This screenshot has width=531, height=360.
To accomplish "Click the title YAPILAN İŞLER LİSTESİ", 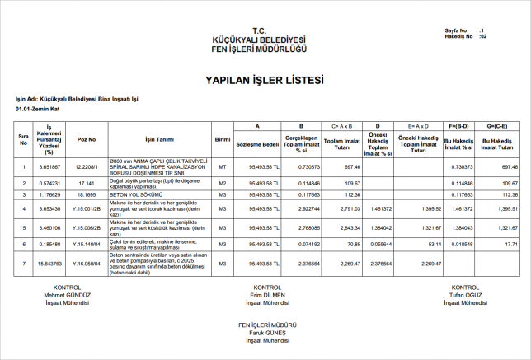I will coord(264,80).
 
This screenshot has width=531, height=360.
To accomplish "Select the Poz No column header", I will coord(87,139).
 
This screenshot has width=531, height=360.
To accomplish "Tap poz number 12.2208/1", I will coord(87,166).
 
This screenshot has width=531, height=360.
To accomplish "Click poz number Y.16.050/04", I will coord(87,265).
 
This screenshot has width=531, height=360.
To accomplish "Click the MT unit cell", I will coord(222,166).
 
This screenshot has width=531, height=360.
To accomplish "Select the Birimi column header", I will coord(222,139).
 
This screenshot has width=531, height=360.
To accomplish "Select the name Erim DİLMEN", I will coord(264,295).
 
